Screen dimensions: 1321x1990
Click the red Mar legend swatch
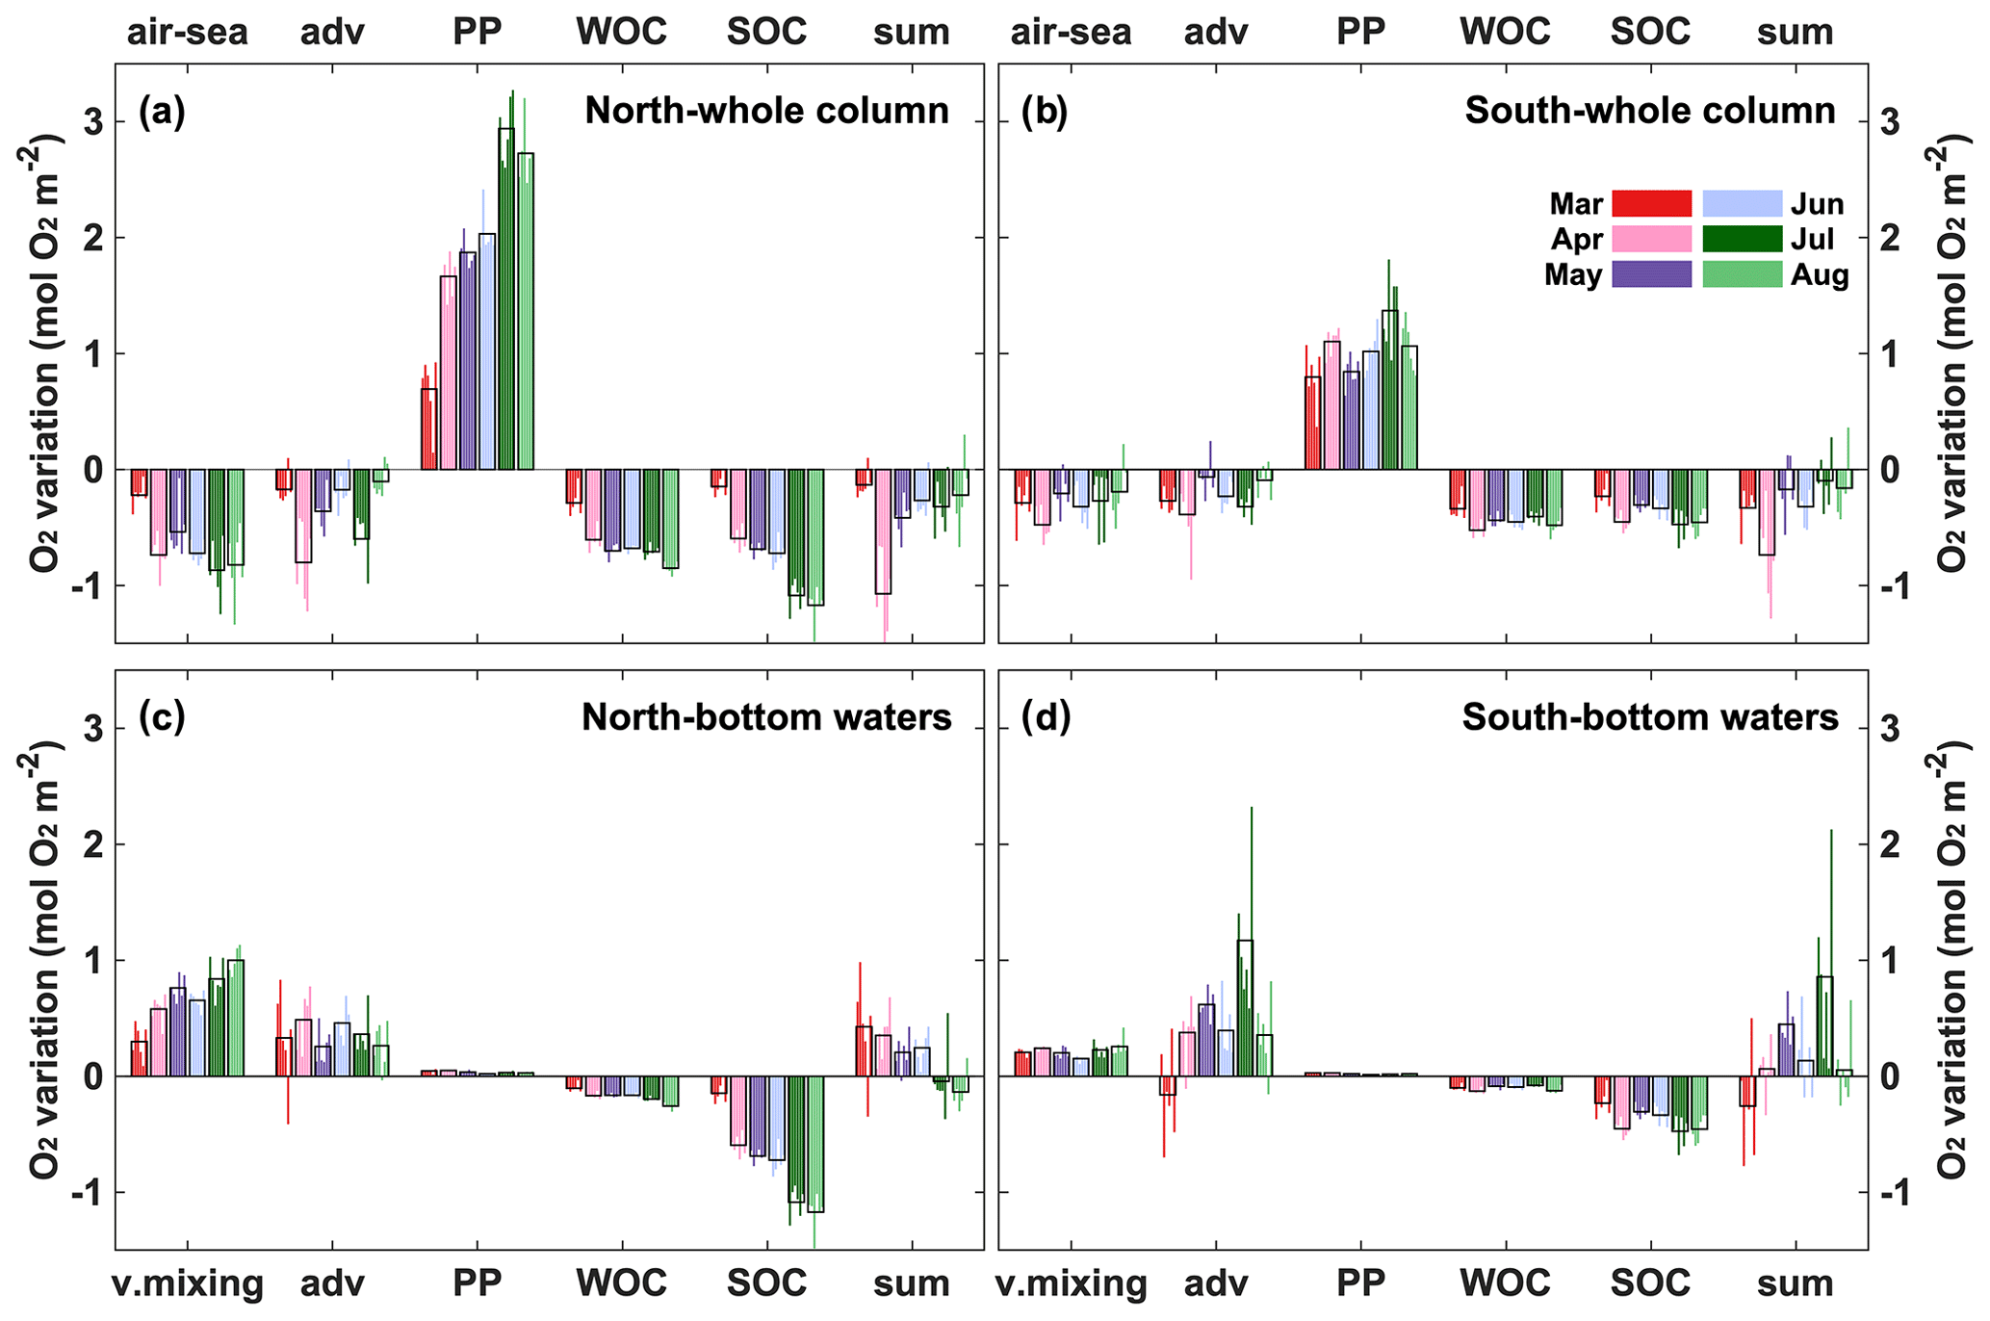tap(1651, 204)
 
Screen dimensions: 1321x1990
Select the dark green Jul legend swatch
tap(1743, 239)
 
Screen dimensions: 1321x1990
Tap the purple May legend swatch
tap(1651, 274)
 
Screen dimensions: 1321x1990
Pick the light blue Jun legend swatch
tap(1743, 204)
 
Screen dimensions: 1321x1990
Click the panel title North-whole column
tap(766, 112)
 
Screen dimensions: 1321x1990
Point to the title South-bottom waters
tap(1650, 717)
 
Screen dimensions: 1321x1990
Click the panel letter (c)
tap(162, 717)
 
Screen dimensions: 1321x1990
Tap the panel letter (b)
tap(1045, 112)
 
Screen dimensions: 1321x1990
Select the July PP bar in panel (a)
tap(506, 298)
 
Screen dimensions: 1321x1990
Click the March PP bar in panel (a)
tap(429, 428)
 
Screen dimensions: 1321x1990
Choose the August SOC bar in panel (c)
tap(815, 1144)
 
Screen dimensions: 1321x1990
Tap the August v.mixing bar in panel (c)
tap(236, 1018)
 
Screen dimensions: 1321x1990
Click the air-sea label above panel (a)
tap(187, 33)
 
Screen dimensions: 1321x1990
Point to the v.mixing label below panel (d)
tap(1071, 1284)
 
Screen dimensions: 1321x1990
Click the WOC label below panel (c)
tap(622, 1284)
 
